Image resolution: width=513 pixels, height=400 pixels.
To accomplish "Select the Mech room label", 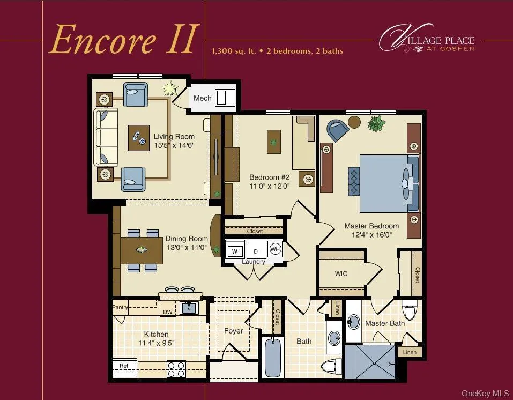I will [202, 98].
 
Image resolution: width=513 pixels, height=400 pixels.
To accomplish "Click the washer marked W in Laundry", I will [234, 250].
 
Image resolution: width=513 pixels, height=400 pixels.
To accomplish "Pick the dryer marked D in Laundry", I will [256, 250].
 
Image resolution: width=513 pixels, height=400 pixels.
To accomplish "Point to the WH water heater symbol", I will [274, 249].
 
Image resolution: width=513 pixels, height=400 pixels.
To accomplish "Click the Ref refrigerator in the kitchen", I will [124, 366].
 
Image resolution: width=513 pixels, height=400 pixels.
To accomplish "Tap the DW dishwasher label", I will [168, 312].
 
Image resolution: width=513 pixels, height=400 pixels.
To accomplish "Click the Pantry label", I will [120, 307].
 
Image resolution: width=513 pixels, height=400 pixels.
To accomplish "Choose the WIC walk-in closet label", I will [341, 273].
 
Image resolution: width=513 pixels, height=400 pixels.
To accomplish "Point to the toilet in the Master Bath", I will [410, 310].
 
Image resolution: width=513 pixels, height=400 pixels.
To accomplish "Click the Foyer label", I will [233, 331].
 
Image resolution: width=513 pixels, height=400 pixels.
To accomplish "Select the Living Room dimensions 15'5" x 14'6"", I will [174, 145].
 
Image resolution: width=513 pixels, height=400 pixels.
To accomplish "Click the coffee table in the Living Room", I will [139, 138].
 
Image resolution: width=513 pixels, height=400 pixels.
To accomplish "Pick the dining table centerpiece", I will [141, 249].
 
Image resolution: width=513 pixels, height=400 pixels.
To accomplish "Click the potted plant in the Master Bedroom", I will [376, 124].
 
